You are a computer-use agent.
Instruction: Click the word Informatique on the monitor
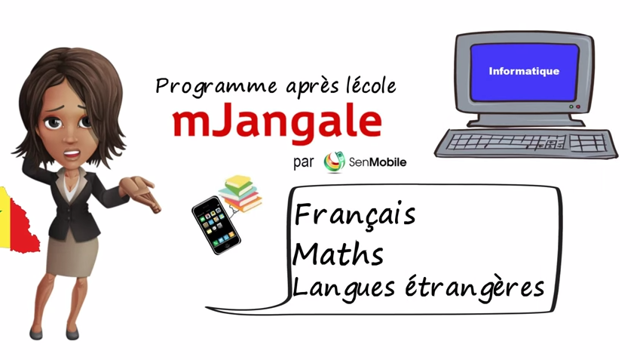pos(524,71)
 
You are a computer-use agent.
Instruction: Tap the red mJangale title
pos(277,121)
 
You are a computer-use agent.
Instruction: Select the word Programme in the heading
pos(216,87)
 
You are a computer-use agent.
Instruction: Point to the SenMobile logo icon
pos(334,162)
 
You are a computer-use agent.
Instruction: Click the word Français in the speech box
pos(355,214)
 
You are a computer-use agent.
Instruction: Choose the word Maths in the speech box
pos(338,254)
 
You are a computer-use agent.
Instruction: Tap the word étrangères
pos(475,288)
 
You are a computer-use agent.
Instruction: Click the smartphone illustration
pos(216,225)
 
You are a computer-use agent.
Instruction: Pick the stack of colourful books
pos(240,193)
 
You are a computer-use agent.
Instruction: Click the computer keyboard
pos(526,143)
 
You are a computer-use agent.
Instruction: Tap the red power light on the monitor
pos(578,107)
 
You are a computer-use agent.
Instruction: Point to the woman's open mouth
pos(72,155)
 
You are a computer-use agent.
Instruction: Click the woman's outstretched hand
pos(141,192)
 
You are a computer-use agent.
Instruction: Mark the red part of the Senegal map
pos(23,229)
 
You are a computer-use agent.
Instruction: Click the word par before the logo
pos(303,162)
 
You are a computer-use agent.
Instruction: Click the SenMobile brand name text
pos(378,162)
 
